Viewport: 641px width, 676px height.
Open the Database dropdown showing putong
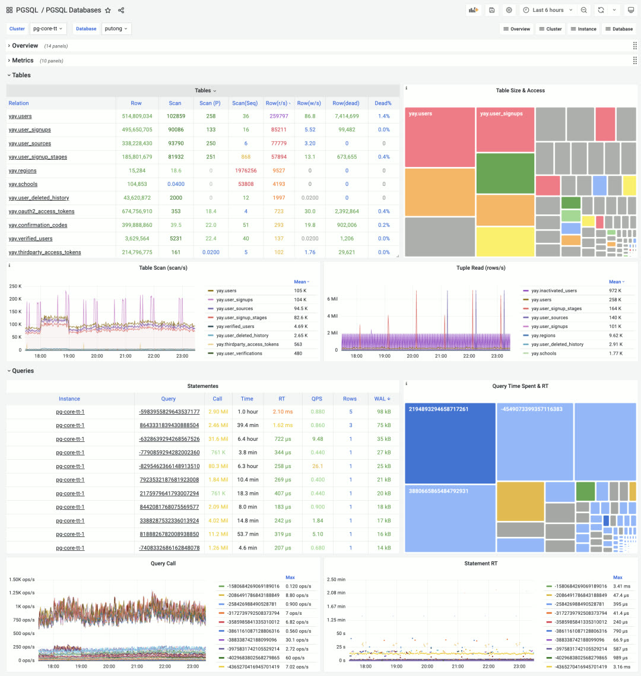coord(116,29)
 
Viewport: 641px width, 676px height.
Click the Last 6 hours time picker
coord(547,10)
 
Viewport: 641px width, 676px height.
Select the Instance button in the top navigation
coord(583,29)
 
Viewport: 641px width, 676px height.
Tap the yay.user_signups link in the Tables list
coord(30,129)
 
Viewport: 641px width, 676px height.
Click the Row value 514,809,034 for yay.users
coord(137,116)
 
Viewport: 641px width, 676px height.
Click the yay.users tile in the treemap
coord(440,137)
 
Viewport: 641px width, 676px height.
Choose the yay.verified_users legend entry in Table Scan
coord(235,326)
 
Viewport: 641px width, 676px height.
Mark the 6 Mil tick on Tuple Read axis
coord(332,299)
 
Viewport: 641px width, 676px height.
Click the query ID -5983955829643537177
coord(169,412)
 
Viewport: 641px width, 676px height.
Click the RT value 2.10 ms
coord(283,412)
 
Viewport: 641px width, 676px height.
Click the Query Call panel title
coord(163,563)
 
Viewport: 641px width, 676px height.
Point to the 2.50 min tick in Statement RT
coord(337,579)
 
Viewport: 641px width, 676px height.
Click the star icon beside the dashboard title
coord(107,10)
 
